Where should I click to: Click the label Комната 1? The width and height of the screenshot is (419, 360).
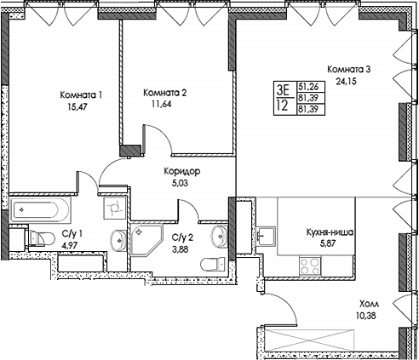point(83,94)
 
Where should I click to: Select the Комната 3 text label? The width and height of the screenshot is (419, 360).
point(349,70)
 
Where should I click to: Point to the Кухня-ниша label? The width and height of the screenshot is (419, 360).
point(330,231)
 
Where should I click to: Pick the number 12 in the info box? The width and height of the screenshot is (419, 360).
point(281,106)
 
